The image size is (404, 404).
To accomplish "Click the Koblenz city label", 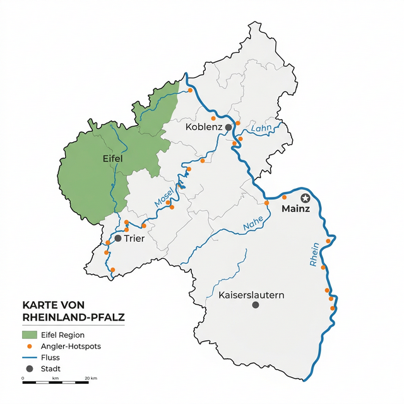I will click(x=203, y=127).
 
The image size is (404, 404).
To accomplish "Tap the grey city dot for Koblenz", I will click(x=229, y=127).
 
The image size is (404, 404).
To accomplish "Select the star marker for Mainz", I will click(x=305, y=198).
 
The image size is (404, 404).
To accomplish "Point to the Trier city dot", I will click(x=117, y=238).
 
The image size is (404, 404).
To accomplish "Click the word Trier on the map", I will click(x=134, y=239).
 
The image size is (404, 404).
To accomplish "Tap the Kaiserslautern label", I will click(x=251, y=295).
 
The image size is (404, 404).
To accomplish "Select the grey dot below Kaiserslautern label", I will click(x=255, y=305).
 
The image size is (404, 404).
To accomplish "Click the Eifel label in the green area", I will click(x=113, y=160).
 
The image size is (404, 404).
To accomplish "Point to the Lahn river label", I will click(x=260, y=129).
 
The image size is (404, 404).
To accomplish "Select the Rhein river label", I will click(x=314, y=255).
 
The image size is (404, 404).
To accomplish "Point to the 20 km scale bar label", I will click(x=90, y=379).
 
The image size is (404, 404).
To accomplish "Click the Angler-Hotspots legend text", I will click(x=71, y=346).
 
